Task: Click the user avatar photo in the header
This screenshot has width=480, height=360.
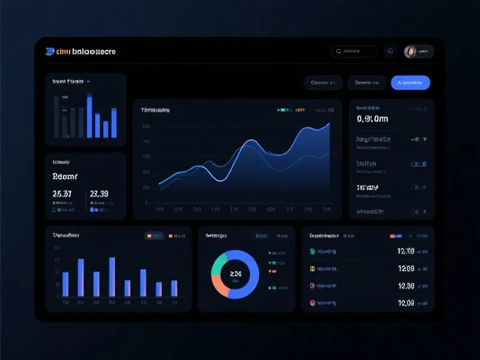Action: click(411, 52)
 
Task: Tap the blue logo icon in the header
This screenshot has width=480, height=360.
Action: click(50, 52)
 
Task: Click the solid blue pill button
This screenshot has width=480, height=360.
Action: click(410, 82)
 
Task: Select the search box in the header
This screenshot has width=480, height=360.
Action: click(354, 52)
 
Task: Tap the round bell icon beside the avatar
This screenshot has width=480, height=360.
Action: click(391, 52)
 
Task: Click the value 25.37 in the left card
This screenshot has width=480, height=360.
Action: click(62, 194)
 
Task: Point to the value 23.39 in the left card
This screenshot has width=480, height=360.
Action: click(99, 194)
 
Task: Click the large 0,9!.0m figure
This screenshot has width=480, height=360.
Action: click(372, 119)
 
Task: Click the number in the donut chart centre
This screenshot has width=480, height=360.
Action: click(235, 274)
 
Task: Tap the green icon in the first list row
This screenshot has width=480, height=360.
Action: click(312, 251)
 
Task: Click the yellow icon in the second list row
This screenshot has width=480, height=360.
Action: click(312, 269)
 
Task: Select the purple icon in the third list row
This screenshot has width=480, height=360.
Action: click(312, 286)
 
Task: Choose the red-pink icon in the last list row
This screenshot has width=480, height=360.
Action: click(312, 304)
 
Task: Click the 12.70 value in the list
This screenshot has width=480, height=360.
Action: click(406, 251)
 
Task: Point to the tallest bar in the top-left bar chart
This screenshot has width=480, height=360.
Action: click(89, 116)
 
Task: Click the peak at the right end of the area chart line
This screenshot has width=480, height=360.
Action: click(329, 124)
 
